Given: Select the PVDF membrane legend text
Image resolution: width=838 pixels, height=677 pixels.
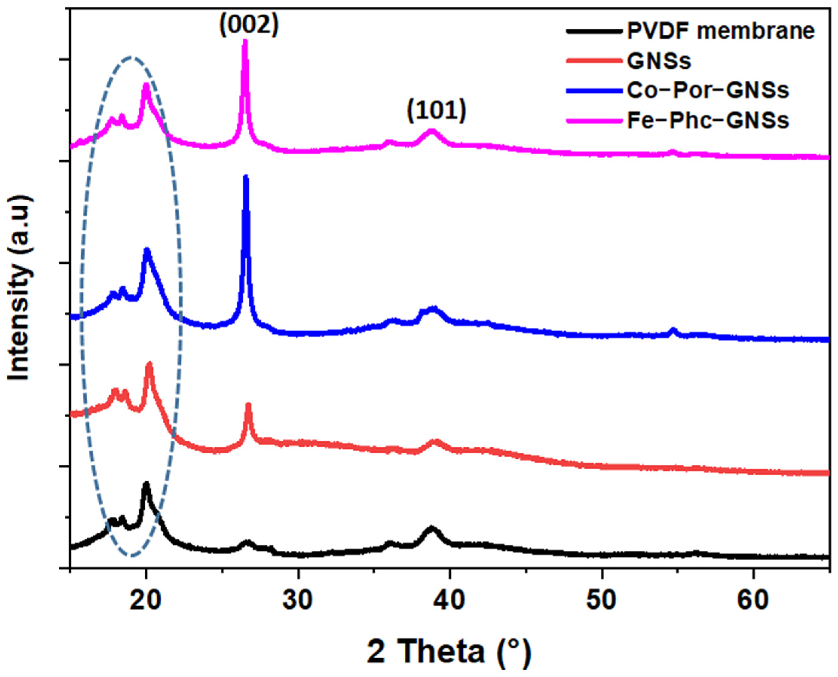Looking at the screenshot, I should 721,32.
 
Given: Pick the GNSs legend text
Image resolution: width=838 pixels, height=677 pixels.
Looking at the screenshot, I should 659,61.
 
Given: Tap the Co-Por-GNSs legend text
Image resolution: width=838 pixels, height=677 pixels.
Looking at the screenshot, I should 708,90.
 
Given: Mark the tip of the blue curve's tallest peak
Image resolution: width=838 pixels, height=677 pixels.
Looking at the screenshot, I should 246,177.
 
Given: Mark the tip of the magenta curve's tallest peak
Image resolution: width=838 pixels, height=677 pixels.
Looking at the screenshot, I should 245,41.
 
